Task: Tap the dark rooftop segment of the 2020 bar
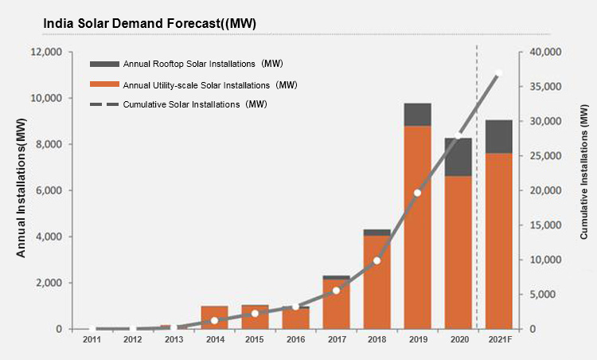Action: pyautogui.click(x=458, y=157)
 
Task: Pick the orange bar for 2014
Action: pyautogui.click(x=214, y=317)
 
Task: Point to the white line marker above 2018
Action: pyautogui.click(x=377, y=260)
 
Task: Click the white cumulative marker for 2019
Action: pyautogui.click(x=417, y=193)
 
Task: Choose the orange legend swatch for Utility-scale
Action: pyautogui.click(x=104, y=84)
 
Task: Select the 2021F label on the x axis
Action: pyautogui.click(x=499, y=340)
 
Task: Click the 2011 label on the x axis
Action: pyautogui.click(x=92, y=340)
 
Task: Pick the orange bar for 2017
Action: pyautogui.click(x=337, y=303)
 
